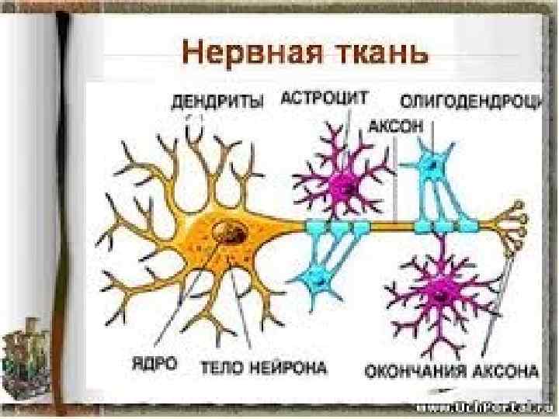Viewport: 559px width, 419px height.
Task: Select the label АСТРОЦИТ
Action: [x=325, y=99]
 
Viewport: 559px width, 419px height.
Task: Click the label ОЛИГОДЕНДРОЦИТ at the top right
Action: [x=470, y=102]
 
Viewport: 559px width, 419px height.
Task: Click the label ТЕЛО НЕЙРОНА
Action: [x=264, y=364]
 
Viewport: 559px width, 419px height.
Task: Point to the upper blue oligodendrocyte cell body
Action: [x=432, y=165]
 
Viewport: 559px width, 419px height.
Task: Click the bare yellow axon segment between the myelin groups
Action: [x=392, y=226]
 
